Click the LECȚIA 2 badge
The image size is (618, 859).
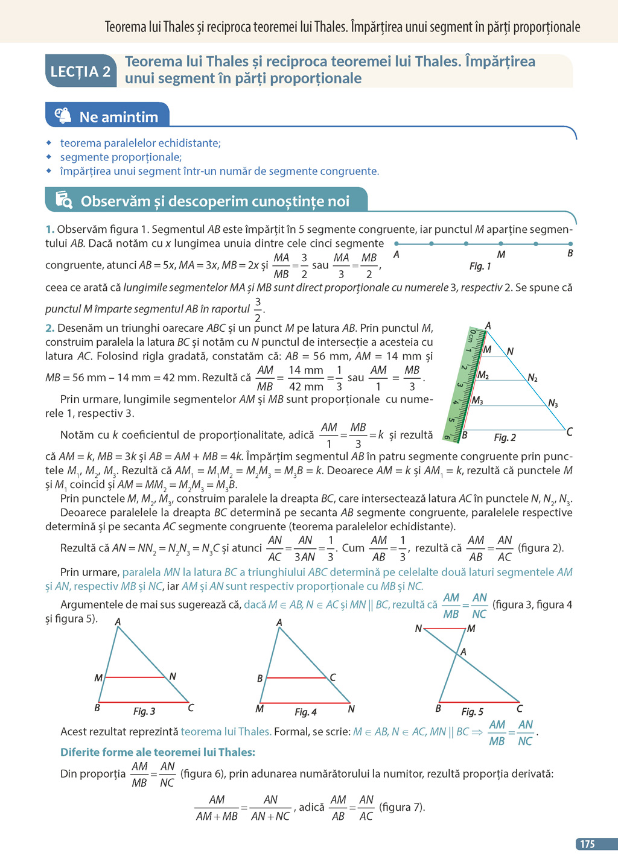click(x=80, y=71)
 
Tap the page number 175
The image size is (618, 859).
click(x=587, y=845)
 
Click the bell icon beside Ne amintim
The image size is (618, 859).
click(x=63, y=116)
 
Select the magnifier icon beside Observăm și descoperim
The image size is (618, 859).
click(x=64, y=200)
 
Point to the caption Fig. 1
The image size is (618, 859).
click(x=480, y=266)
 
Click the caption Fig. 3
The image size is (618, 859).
click(x=144, y=711)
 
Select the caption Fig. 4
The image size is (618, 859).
click(x=305, y=712)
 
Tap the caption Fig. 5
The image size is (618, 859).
click(x=472, y=712)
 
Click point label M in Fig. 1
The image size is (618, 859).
click(x=501, y=255)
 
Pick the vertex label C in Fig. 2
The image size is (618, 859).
click(x=569, y=432)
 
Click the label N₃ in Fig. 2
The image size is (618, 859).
click(x=553, y=404)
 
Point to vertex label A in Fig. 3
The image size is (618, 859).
click(x=118, y=622)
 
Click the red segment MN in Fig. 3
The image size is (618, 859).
click(x=135, y=677)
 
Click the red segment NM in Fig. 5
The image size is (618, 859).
click(x=445, y=629)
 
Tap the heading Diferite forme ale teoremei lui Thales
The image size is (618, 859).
click(x=158, y=752)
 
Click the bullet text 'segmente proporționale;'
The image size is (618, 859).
click(x=121, y=157)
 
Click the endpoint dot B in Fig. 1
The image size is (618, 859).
click(x=570, y=244)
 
